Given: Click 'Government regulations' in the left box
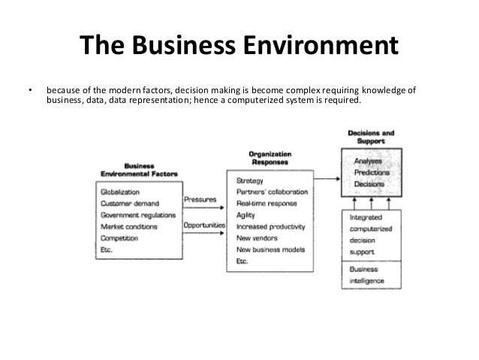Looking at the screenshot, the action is pyautogui.click(x=140, y=214).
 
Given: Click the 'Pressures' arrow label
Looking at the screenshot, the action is pyautogui.click(x=200, y=201).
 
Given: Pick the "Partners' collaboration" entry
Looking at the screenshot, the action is pyautogui.click(x=272, y=192).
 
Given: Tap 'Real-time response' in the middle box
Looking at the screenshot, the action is pyautogui.click(x=267, y=203).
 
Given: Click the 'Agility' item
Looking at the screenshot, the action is pyautogui.click(x=247, y=214).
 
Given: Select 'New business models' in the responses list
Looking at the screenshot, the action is pyautogui.click(x=271, y=249).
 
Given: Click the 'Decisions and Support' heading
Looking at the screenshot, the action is pyautogui.click(x=371, y=137).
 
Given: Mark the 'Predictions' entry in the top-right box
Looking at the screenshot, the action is pyautogui.click(x=370, y=171).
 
